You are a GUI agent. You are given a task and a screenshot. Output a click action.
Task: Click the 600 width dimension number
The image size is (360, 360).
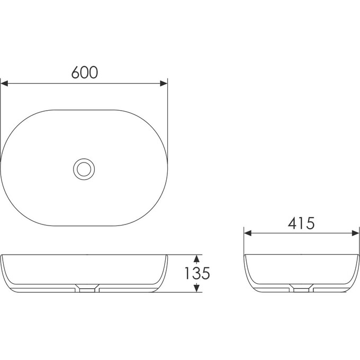(85, 73)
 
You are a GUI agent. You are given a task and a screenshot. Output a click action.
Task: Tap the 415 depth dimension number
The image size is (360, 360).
(301, 223)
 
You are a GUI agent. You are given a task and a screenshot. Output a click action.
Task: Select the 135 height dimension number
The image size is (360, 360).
(197, 273)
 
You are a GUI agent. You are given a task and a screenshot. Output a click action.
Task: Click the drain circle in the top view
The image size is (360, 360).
(84, 169)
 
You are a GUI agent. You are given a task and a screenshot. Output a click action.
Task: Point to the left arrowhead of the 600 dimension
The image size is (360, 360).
(4, 83)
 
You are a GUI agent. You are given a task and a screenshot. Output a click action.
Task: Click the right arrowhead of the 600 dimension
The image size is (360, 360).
(164, 83)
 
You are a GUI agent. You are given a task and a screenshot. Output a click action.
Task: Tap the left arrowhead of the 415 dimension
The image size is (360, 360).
(248, 233)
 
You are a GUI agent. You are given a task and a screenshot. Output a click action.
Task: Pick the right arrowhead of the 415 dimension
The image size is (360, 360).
(355, 233)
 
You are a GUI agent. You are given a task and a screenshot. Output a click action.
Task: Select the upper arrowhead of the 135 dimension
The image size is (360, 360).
(196, 259)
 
